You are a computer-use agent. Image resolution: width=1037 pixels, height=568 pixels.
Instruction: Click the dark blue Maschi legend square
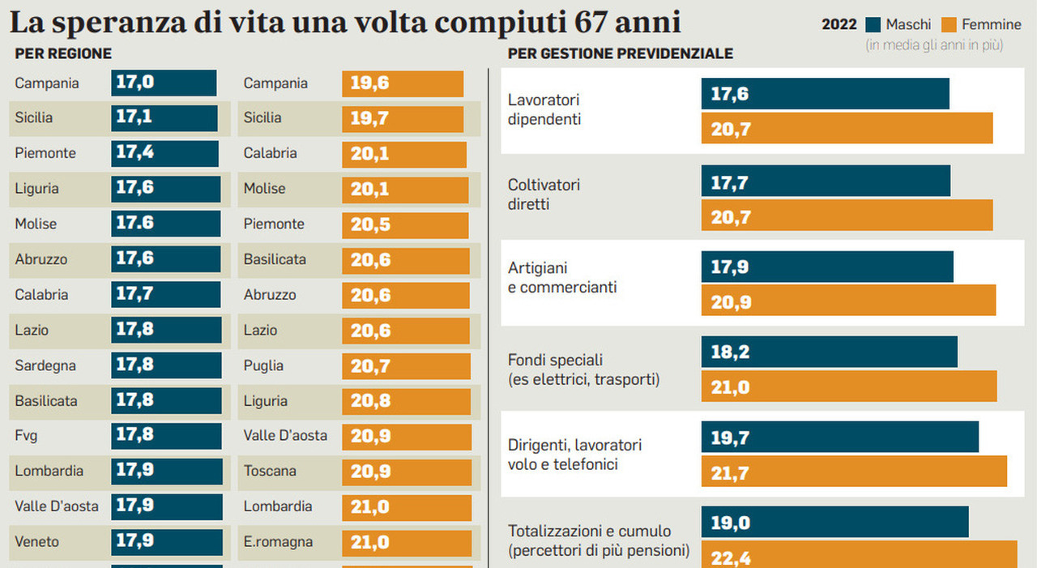coord(873,24)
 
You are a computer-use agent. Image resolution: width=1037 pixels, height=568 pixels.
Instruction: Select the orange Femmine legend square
coord(949,24)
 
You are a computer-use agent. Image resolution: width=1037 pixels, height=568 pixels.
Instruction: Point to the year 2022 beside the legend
coord(839,24)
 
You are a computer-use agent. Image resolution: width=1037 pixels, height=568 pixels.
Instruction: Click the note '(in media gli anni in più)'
coord(934,45)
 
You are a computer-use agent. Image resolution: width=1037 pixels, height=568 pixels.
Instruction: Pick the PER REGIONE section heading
coord(63,53)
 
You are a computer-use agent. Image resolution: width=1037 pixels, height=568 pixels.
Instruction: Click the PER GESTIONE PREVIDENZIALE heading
coord(620,53)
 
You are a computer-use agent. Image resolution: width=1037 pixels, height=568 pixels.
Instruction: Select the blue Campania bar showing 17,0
coord(164,83)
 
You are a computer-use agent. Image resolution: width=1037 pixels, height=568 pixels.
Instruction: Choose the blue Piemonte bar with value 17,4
coord(165,153)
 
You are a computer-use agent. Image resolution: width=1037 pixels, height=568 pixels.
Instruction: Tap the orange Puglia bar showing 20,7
coord(406,365)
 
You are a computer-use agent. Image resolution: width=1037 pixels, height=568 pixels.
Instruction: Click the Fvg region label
coord(26,436)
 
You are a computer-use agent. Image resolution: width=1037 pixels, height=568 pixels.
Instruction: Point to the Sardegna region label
coord(45,365)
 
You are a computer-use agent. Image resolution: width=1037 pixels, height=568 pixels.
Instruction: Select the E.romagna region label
coord(278,542)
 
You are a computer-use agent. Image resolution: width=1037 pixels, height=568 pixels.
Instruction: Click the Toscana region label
coord(270,471)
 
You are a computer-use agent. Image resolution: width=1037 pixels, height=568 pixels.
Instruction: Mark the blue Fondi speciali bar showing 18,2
coord(829,352)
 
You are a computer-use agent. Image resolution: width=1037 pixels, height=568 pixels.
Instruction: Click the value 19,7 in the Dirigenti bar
coord(729,438)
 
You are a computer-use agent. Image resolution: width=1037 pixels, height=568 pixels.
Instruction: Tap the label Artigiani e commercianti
coord(562,277)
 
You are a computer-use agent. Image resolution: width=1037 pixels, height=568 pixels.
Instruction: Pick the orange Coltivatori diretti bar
coord(847,216)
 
